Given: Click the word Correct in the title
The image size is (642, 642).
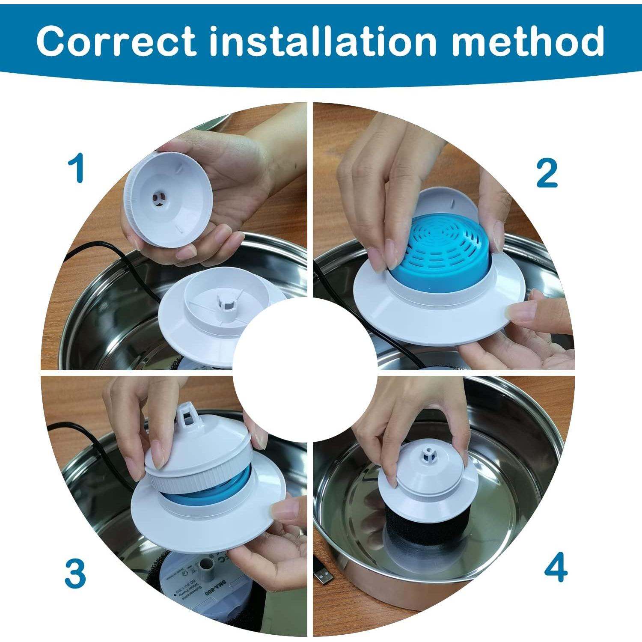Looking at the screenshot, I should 116,41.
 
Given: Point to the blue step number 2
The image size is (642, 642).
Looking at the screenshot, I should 547,173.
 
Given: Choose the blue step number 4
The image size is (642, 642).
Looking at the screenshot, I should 556,568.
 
